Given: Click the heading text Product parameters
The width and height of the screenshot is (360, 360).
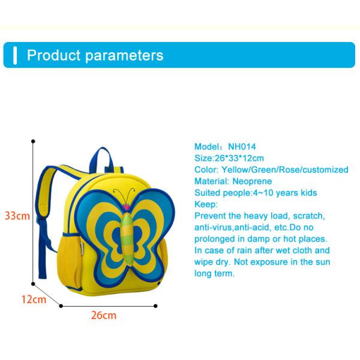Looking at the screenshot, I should tap(95, 55).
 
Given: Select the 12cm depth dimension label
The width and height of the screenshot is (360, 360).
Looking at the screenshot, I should tap(34, 299).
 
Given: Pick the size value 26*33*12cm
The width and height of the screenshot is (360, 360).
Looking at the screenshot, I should tap(239, 158).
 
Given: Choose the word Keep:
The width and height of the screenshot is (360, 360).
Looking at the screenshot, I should tap(206, 204).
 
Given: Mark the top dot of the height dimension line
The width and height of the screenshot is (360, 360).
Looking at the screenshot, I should tap(33, 142).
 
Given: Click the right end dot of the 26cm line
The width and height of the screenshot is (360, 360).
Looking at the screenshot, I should tap(155, 306).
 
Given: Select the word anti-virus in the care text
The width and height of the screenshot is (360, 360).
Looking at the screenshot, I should tap(212, 227).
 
